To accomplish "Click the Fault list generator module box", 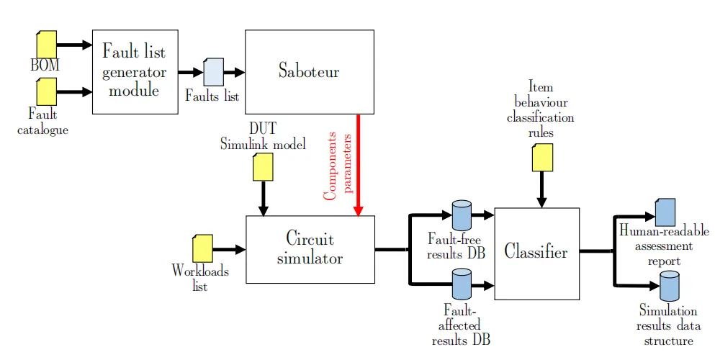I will pyautogui.click(x=135, y=72).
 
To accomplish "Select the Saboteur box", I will pyautogui.click(x=309, y=72).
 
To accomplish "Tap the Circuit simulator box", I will pyautogui.click(x=310, y=249).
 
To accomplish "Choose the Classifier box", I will pyautogui.click(x=536, y=253).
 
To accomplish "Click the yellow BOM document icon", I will pyautogui.click(x=47, y=43).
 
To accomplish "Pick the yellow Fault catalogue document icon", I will pyautogui.click(x=47, y=91).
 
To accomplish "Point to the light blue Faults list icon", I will pyautogui.click(x=214, y=72).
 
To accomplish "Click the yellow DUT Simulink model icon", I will pyautogui.click(x=263, y=168).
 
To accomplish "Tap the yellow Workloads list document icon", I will pyautogui.click(x=202, y=249).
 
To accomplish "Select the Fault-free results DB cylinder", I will pyautogui.click(x=461, y=215).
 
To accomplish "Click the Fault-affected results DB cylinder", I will pyautogui.click(x=461, y=284).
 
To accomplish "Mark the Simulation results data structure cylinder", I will pyautogui.click(x=670, y=287).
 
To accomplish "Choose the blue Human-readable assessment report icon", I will pyautogui.click(x=665, y=212).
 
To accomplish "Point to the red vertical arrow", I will pyautogui.click(x=359, y=166).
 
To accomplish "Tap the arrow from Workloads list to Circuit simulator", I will pyautogui.click(x=229, y=250).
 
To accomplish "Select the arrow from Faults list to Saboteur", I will pyautogui.click(x=234, y=72).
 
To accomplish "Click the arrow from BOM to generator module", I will pyautogui.click(x=74, y=45).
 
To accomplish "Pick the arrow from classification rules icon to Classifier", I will pyautogui.click(x=542, y=190).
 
